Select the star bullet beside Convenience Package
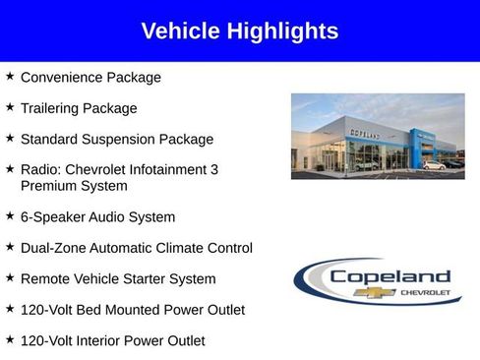coord(10,76)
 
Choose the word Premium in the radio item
coord(49,186)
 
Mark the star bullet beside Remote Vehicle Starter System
coord(10,278)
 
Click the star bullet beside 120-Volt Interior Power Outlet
coord(10,340)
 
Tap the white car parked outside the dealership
coord(433,165)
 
